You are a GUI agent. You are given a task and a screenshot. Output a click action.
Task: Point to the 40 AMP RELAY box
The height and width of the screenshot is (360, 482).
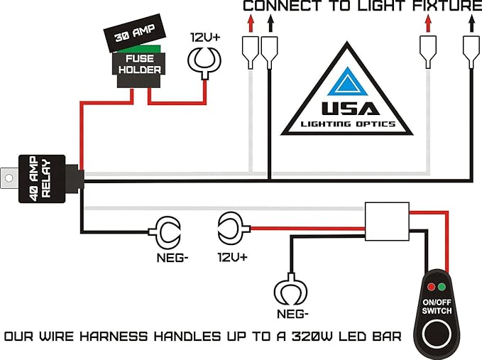click(43, 178)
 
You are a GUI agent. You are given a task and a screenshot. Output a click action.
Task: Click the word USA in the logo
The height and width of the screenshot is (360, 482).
click(347, 110)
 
